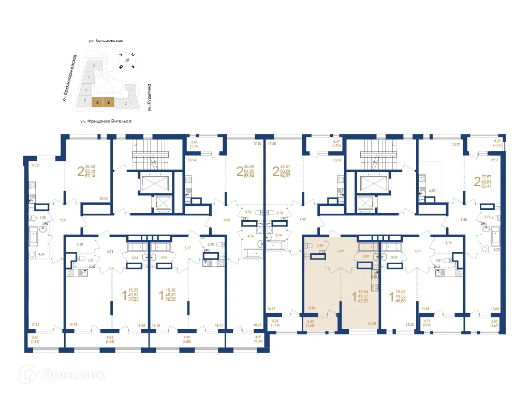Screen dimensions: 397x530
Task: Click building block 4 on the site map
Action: pyautogui.click(x=97, y=102)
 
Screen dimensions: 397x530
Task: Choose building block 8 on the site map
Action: pyautogui.click(x=94, y=66)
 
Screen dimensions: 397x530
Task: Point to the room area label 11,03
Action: pyautogui.click(x=35, y=165)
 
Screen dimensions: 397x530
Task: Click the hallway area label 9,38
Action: pyautogui.click(x=63, y=220)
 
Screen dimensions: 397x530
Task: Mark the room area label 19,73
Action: pyautogui.click(x=73, y=325)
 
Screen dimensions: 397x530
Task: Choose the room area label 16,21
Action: pyautogui.click(x=271, y=308)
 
